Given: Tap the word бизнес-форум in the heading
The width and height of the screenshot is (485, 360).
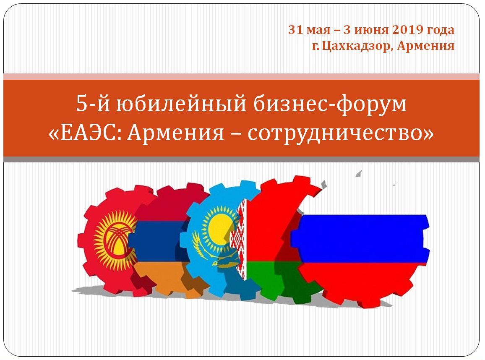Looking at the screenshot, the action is (330, 104).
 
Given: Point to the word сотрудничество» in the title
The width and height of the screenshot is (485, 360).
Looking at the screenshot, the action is (341, 133).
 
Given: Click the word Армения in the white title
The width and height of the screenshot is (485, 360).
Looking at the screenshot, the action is (175, 133).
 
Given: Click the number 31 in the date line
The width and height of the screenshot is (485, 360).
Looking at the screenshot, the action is (295, 30).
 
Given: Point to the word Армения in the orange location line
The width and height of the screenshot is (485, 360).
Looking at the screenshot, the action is (426, 46).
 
